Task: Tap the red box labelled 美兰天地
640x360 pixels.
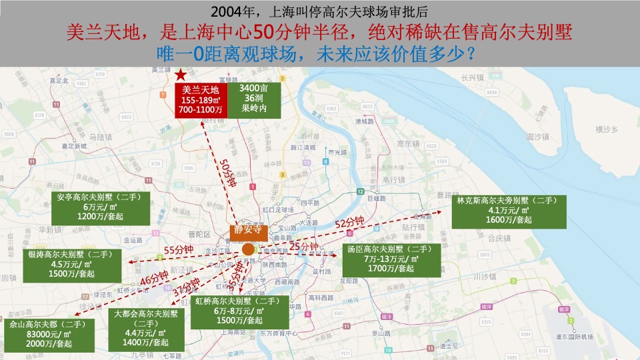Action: pos(201,99)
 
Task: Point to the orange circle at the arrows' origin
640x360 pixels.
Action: pos(247,249)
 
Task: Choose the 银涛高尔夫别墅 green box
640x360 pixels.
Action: pos(73,263)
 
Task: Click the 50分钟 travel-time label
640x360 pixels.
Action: pos(227,173)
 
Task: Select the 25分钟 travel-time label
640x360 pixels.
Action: pos(303,247)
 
